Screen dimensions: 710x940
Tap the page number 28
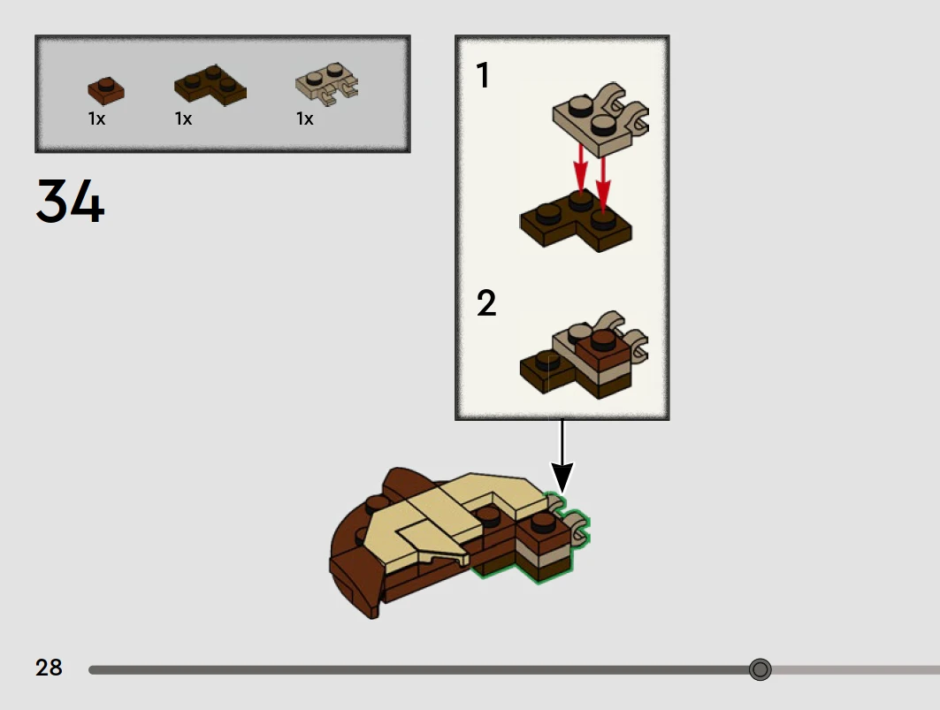[49, 668]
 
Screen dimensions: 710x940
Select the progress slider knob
[760, 669]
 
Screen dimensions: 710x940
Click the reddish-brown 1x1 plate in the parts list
[106, 90]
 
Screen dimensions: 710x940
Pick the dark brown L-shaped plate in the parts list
[210, 86]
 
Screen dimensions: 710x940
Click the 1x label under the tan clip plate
[305, 118]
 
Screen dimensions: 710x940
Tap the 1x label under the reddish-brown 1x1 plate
[96, 118]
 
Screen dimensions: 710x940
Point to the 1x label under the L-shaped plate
[183, 118]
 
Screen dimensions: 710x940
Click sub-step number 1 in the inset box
[483, 76]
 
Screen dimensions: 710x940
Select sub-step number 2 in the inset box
[486, 304]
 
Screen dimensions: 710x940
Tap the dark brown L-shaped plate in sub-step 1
[575, 224]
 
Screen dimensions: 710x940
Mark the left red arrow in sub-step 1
[579, 168]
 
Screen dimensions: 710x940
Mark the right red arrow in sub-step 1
[603, 180]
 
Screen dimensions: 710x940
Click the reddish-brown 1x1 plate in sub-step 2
[603, 350]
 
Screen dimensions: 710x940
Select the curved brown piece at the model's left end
[354, 566]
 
